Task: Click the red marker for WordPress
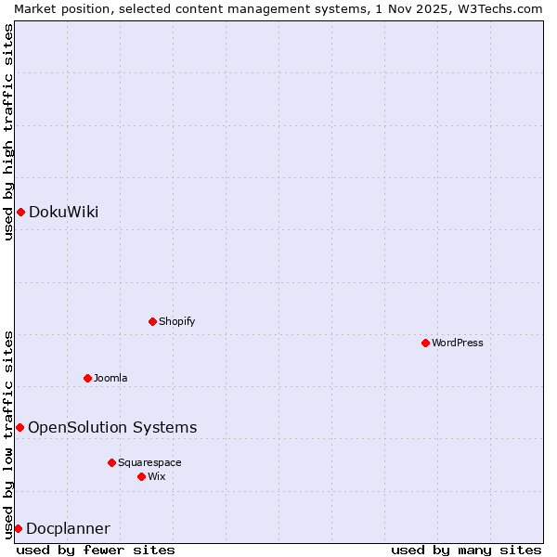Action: coord(425,343)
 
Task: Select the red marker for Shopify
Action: coord(152,321)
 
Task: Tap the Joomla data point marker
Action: coord(87,378)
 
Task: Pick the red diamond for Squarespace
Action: coord(111,462)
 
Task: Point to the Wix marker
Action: coord(141,476)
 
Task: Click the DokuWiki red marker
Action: coord(20,212)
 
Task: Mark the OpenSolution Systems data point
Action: coord(19,427)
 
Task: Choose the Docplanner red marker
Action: coord(18,528)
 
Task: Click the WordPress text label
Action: coord(458,343)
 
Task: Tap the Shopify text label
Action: coord(176,321)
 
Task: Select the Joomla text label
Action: coord(110,378)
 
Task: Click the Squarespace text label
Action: coord(149,462)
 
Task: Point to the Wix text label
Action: coord(156,476)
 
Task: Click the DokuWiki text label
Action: coord(63,212)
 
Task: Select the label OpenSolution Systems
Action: coord(112,427)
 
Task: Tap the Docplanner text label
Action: coord(68,528)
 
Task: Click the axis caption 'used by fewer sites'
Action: coord(96,550)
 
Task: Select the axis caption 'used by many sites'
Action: coord(466,550)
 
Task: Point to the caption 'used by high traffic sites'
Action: coord(8,132)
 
